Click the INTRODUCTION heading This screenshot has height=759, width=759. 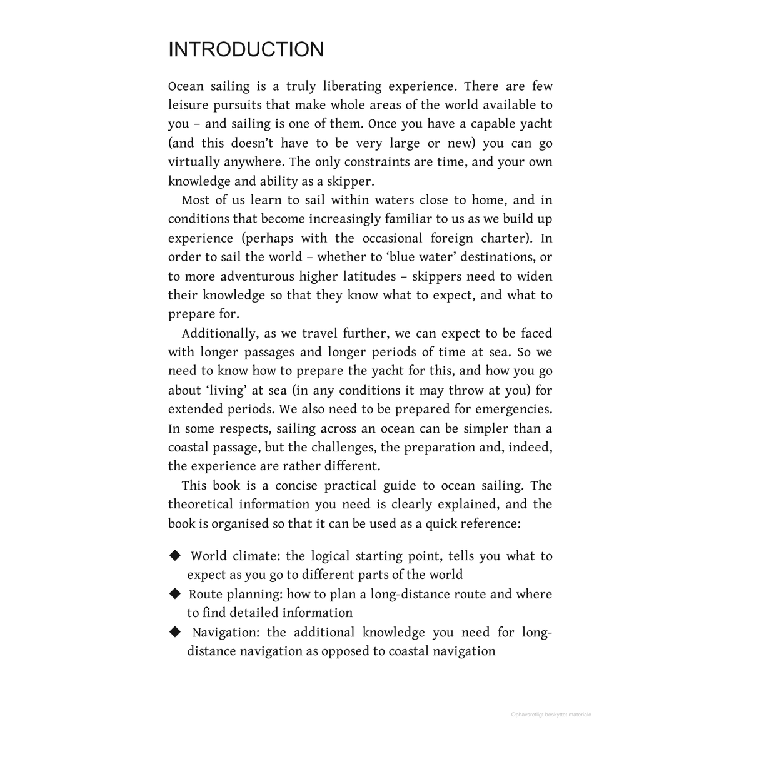point(246,50)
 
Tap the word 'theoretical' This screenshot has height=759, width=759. point(200,505)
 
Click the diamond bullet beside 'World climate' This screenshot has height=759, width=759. point(175,555)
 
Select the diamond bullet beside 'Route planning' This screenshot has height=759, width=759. point(175,593)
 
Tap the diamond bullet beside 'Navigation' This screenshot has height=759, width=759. point(175,631)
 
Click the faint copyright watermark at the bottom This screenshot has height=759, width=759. point(551,715)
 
